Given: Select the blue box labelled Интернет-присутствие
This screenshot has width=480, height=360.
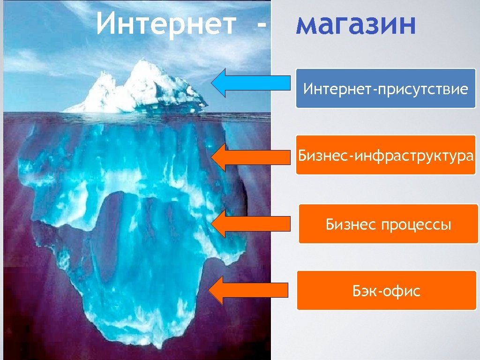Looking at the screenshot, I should point(385,88).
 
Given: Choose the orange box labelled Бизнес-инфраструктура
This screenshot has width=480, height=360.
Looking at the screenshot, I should point(385,155).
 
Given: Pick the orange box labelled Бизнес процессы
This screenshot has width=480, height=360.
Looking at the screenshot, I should point(388,224).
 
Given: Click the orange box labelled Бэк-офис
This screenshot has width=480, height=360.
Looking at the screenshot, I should point(386,291).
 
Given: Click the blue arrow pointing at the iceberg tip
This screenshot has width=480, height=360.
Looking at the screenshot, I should point(251,83).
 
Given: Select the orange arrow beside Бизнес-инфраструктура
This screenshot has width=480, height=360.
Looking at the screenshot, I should point(251,156).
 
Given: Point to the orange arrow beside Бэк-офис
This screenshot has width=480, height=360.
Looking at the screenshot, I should point(248,290).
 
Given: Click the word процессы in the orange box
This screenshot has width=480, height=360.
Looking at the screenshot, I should point(416,225).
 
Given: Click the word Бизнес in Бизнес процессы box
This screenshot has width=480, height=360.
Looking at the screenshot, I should point(351,225).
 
